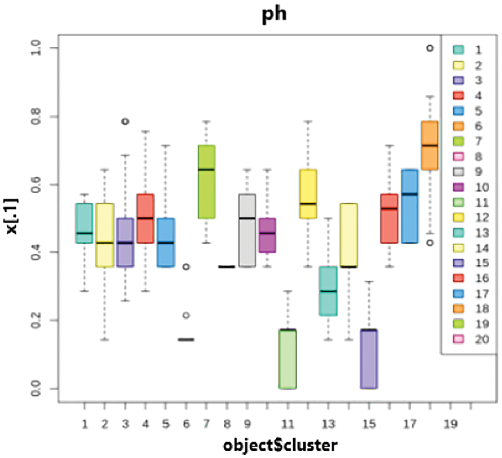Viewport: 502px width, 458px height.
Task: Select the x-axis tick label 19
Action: (x=451, y=425)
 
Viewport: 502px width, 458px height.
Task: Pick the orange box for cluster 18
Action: (x=430, y=145)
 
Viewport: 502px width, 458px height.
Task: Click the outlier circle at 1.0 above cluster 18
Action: (x=430, y=48)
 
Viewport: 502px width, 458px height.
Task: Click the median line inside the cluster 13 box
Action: (x=328, y=291)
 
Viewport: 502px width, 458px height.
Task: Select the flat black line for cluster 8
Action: (x=227, y=267)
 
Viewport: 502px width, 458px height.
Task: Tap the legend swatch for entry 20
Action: (x=458, y=339)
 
